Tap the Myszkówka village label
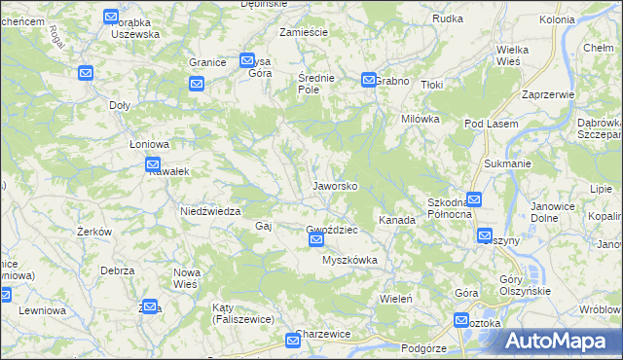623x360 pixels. (x=349, y=261)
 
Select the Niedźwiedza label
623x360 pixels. (x=209, y=210)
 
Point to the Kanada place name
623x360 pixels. (x=397, y=220)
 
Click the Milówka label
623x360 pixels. (x=421, y=118)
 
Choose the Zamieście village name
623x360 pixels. (x=302, y=32)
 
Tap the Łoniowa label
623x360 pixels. (x=150, y=144)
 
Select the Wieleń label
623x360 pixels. (x=397, y=298)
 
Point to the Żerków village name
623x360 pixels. (x=95, y=232)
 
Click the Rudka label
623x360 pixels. (x=447, y=18)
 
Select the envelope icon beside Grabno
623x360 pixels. (x=369, y=80)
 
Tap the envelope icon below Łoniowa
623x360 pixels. (x=152, y=164)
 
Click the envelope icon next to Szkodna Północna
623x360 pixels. (x=473, y=200)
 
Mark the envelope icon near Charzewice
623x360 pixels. (x=293, y=340)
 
